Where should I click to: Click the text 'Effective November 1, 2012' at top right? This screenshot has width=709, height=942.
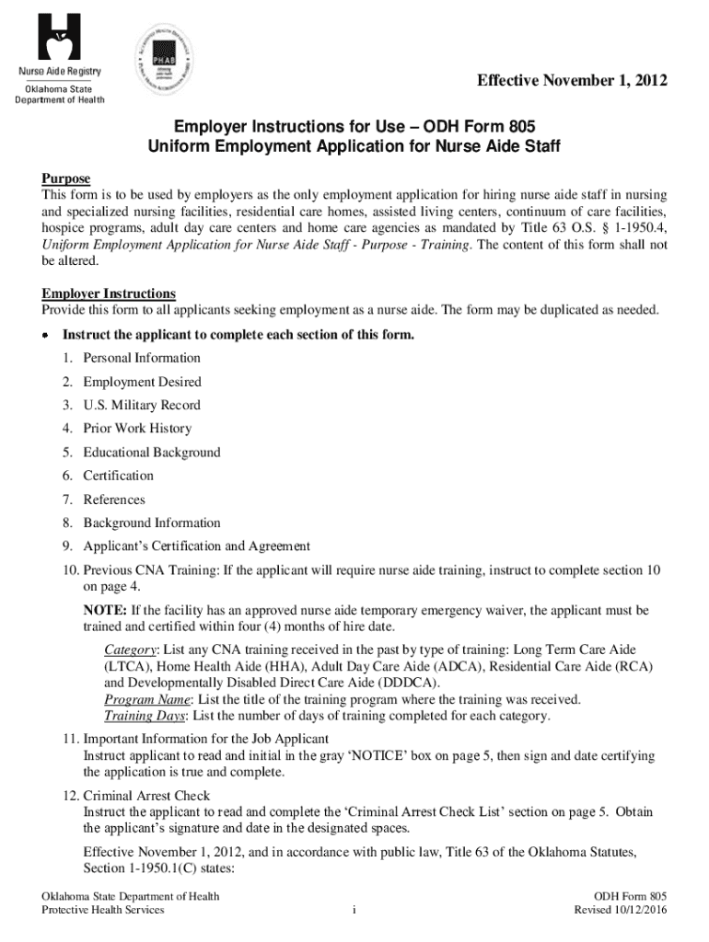point(571,83)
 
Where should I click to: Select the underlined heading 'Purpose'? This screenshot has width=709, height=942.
point(65,178)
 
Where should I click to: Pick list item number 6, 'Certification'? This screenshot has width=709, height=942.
point(118,476)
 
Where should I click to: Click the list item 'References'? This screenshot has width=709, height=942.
point(114,500)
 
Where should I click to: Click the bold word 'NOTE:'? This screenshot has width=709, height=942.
point(106,610)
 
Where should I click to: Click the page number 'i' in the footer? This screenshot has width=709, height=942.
point(354,911)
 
